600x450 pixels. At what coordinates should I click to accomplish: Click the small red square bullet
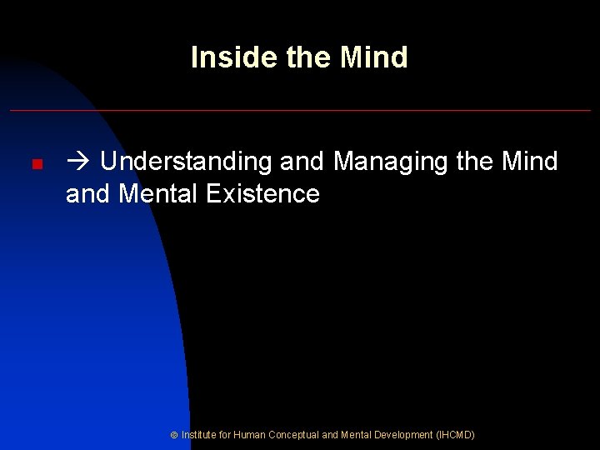[x=36, y=165]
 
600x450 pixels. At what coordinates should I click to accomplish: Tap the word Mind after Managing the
[x=530, y=161]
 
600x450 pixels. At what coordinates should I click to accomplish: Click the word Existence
[x=262, y=194]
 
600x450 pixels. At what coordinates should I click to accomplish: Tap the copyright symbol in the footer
[x=173, y=435]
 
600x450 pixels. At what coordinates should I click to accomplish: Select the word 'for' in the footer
[x=225, y=435]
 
